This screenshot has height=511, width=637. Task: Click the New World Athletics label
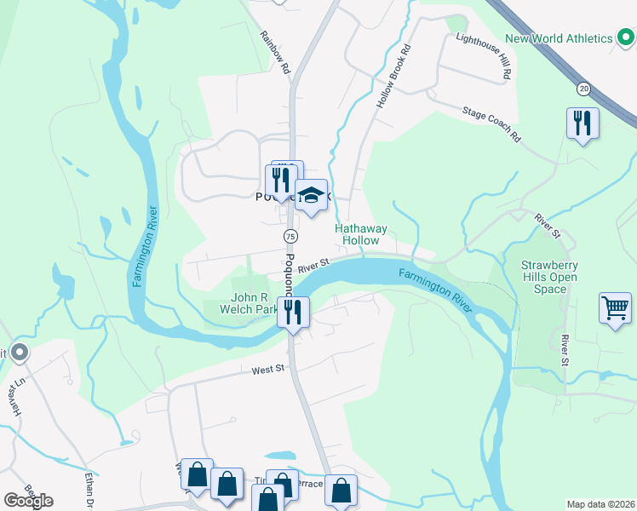click(x=559, y=38)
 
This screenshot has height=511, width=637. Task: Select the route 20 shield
click(x=583, y=88)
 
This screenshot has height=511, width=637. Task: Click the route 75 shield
click(x=290, y=236)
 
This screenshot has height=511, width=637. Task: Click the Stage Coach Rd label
click(x=492, y=123)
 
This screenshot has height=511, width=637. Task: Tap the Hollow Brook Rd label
click(x=393, y=77)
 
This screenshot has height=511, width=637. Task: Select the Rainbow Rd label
click(x=275, y=52)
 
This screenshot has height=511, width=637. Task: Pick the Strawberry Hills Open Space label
click(x=549, y=277)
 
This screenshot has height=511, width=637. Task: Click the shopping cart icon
click(x=615, y=307)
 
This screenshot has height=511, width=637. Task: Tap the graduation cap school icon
click(x=312, y=196)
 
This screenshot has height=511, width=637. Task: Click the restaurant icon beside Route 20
click(x=582, y=123)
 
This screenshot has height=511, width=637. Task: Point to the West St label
click(x=267, y=370)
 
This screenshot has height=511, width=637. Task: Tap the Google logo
click(x=29, y=500)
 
